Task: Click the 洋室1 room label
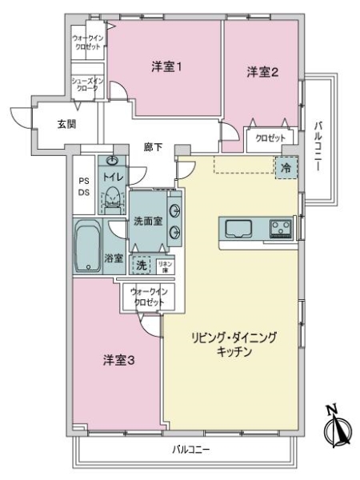pyautogui.click(x=167, y=67)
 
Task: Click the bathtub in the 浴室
pyautogui.click(x=86, y=247)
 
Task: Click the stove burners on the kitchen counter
pyautogui.click(x=281, y=229)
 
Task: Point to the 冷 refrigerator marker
pyautogui.click(x=286, y=167)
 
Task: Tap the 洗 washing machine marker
pyautogui.click(x=141, y=265)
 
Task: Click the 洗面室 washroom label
pyautogui.click(x=148, y=222)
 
